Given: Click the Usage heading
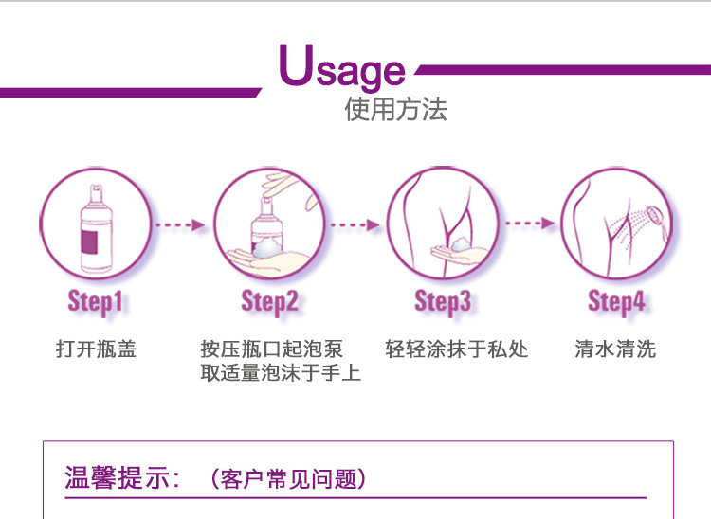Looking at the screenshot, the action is click(x=342, y=66).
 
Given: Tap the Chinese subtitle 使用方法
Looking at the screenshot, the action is click(x=395, y=109).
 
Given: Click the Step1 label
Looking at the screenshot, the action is click(x=95, y=302).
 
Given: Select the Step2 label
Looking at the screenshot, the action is click(x=269, y=302).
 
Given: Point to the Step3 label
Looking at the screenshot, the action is click(x=443, y=302).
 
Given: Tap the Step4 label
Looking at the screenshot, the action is click(x=616, y=302).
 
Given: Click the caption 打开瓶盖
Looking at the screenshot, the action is click(x=96, y=349).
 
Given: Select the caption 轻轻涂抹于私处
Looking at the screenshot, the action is click(x=457, y=349).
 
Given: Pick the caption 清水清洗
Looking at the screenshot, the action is click(x=615, y=349).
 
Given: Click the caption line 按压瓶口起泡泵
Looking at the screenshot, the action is click(x=271, y=349).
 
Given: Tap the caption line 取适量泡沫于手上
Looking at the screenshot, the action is click(x=281, y=373).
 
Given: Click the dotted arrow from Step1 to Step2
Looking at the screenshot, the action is click(x=180, y=224).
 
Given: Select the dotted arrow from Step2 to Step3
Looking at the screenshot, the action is click(x=355, y=224).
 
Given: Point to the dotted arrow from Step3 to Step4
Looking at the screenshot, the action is click(x=530, y=223).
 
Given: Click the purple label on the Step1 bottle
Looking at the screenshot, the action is click(x=89, y=242).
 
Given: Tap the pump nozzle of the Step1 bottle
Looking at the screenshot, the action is click(x=96, y=192).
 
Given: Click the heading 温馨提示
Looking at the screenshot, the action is click(x=122, y=477).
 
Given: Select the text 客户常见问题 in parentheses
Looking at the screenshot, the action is click(x=289, y=478).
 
